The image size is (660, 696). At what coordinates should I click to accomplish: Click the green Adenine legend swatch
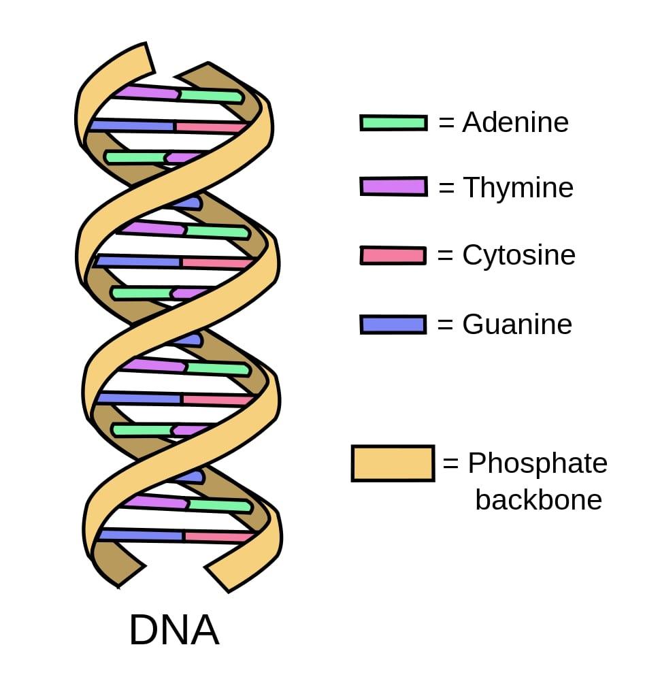[x=393, y=122]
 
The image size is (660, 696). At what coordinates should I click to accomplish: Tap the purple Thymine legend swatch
[x=393, y=186]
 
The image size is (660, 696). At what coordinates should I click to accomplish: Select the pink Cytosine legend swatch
[x=393, y=255]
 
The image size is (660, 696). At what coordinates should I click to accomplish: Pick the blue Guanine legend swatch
[x=393, y=324]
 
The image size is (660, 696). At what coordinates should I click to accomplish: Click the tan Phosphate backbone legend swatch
[x=393, y=463]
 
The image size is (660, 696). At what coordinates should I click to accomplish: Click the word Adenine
[x=515, y=122]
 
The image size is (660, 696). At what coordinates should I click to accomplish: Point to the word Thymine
[x=518, y=187]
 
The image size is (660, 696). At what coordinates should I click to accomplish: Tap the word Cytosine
[x=518, y=255]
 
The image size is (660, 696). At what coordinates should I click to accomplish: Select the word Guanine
[x=517, y=324]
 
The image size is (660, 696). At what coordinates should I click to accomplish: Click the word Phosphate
[x=538, y=463]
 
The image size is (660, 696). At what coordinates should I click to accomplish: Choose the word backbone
[x=538, y=500]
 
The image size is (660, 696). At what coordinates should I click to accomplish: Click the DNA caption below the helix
[x=174, y=630]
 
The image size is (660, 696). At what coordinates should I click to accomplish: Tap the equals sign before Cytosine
[x=446, y=256]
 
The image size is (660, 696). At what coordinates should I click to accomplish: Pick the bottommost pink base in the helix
[x=218, y=537]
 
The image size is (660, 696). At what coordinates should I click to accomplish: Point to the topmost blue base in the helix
[x=131, y=125]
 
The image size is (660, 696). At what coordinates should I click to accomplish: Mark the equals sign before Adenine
[x=446, y=123]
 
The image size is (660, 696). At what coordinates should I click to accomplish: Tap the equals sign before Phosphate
[x=451, y=464]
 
